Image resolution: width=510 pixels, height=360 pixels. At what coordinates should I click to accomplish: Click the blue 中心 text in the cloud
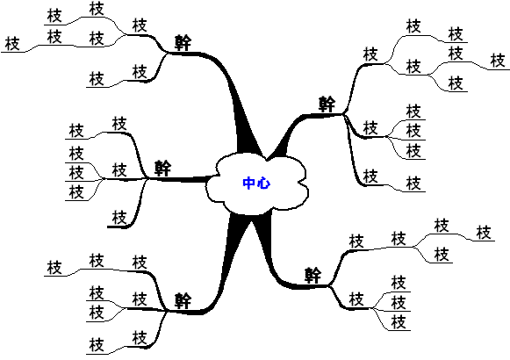point(256,184)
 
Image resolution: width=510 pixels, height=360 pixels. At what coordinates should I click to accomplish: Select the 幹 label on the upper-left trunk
point(183,43)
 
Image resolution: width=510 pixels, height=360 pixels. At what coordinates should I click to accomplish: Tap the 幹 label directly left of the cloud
point(162,168)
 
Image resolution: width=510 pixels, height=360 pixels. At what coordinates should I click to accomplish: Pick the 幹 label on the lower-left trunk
point(183,300)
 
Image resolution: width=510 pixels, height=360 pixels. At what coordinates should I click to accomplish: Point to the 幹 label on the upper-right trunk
point(327,104)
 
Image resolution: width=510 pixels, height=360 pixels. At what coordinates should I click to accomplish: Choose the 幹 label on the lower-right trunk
point(312,276)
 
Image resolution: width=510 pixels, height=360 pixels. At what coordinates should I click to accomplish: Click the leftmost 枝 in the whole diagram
point(12,44)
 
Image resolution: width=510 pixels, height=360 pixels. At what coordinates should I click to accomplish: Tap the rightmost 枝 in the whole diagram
point(498,61)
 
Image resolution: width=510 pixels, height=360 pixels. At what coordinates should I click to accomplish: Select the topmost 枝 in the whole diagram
point(97,9)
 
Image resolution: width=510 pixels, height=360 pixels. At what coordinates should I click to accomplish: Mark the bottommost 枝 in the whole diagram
point(97,345)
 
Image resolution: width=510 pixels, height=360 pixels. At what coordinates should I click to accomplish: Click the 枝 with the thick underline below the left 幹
point(119,217)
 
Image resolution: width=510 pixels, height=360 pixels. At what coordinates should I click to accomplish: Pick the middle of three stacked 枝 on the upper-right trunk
point(413,131)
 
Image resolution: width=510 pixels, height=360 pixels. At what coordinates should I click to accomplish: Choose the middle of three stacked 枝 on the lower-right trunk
point(399,302)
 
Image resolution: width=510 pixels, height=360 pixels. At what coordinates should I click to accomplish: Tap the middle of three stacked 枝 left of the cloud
point(76,172)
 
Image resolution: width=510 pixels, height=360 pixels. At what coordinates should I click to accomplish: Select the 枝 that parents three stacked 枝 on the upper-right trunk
point(370,128)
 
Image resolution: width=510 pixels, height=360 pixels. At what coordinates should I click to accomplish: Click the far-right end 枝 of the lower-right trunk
point(484,233)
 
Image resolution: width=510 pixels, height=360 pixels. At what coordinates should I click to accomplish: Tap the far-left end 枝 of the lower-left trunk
point(54,267)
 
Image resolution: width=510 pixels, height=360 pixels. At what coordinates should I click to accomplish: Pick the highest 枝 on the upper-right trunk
point(413,26)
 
